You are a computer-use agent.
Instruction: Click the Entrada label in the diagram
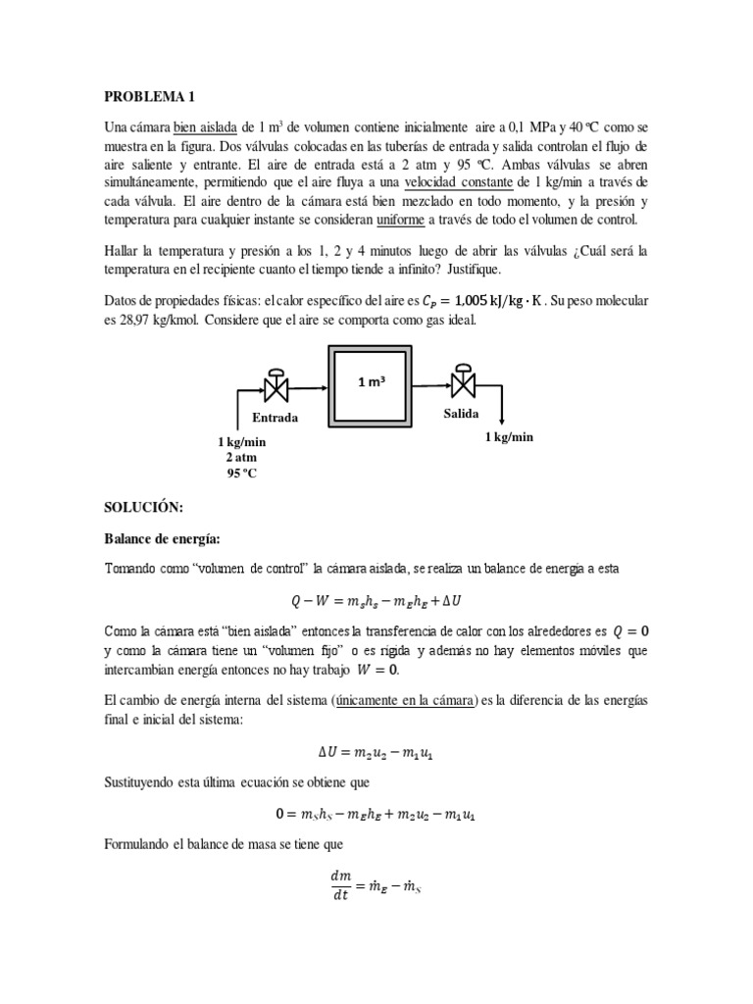coord(275,418)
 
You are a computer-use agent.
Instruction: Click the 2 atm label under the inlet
coord(242,457)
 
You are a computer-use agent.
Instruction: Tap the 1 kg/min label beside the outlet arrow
coord(509,437)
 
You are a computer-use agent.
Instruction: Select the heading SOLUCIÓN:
coord(143,509)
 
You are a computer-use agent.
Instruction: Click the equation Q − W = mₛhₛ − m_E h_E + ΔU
coord(376,600)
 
